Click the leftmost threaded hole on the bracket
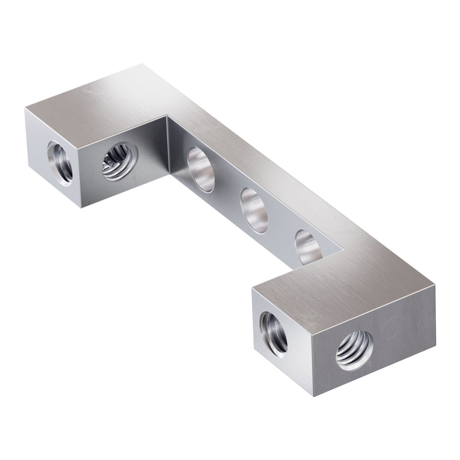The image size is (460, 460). coord(59,162)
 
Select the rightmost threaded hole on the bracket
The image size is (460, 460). coord(354,350)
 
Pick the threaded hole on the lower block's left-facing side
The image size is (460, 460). coord(274,333)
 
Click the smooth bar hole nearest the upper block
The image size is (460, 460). coord(201,169)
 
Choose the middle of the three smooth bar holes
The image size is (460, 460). coord(255,210)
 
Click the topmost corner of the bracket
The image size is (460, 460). coord(142,65)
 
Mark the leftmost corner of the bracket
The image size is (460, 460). coord(24,109)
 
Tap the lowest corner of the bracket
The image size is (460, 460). coord(314,396)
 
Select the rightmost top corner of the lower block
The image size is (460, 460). coord(435,286)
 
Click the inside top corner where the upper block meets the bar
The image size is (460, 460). coord(166,116)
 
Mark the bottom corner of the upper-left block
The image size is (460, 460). coord(81,207)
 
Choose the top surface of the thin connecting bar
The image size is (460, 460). coord(265,175)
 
